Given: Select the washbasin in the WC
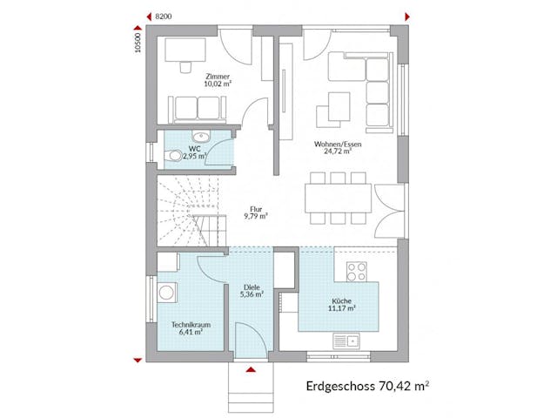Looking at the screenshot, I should [x=203, y=137].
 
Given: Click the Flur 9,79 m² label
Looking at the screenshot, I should [x=257, y=212].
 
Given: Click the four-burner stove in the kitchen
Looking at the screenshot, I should [x=357, y=271].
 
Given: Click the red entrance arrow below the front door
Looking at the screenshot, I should [x=252, y=371].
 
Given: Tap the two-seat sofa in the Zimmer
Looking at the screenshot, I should [x=197, y=108].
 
